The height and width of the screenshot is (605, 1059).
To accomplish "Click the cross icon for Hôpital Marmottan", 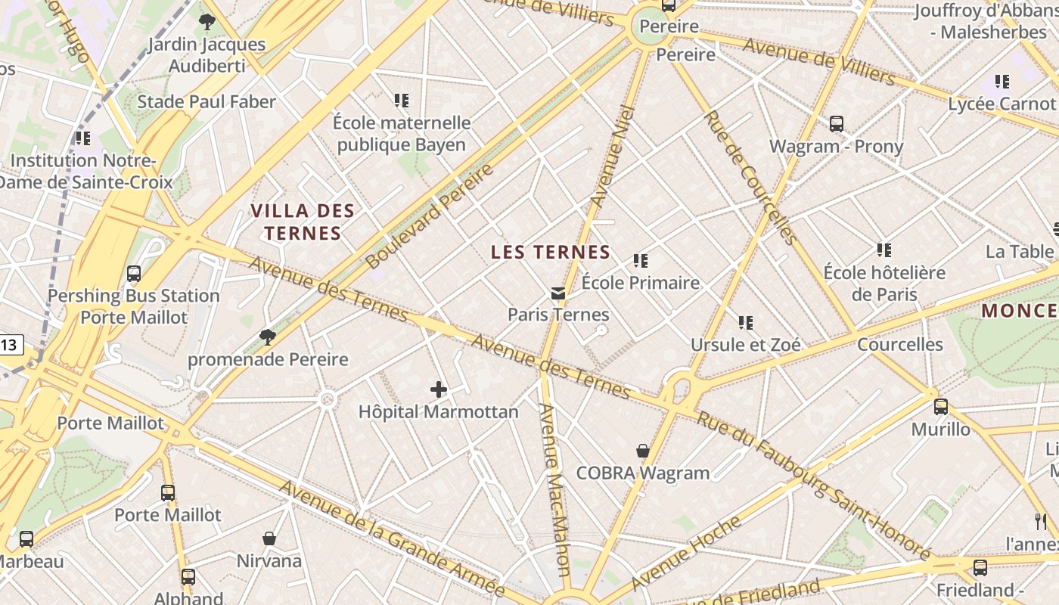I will point(439,390).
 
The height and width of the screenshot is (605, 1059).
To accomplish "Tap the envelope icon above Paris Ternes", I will point(558,293).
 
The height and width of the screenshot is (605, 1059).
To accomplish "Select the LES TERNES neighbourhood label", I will point(551,253).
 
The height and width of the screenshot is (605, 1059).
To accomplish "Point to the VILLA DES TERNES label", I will point(303,222).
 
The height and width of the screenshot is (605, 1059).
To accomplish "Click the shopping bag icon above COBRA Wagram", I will point(643,451).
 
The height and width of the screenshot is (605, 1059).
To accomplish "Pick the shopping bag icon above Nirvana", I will point(269,538).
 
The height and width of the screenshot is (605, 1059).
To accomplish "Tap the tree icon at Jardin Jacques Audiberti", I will point(207,22).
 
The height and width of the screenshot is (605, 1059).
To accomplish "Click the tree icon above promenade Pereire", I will point(267,337).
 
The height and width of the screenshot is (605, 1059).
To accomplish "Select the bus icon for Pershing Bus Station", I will point(134,274).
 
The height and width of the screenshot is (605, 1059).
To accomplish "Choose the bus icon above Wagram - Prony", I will point(837,124).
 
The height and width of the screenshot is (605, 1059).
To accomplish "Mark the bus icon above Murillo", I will point(941,407).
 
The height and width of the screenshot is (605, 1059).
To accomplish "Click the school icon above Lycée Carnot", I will point(1002,82).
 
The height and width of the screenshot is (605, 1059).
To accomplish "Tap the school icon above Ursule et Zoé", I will point(746,323).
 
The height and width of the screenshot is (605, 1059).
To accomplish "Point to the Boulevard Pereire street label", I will point(429,216).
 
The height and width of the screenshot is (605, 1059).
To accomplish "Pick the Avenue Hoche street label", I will point(686,553).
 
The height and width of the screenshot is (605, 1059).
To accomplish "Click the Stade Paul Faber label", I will point(207,102).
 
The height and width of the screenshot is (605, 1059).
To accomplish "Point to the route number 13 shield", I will point(10,346).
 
